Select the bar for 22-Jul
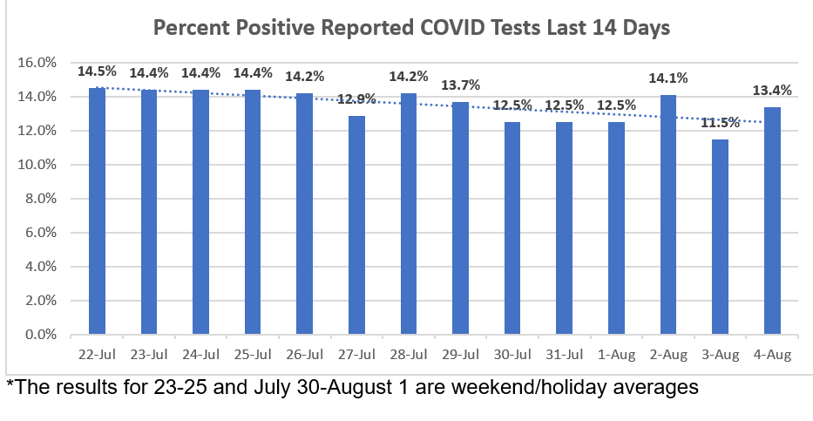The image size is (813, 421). click(x=97, y=211)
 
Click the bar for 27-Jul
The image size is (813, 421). click(x=356, y=225)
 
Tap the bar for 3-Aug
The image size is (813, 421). click(x=720, y=236)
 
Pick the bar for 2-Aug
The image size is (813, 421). click(x=667, y=214)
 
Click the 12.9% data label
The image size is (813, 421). click(x=356, y=99)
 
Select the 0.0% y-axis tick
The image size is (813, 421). click(x=40, y=335)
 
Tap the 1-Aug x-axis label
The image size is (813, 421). click(x=616, y=356)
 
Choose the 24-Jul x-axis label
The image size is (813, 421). click(x=200, y=356)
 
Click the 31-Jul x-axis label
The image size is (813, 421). click(x=564, y=356)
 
